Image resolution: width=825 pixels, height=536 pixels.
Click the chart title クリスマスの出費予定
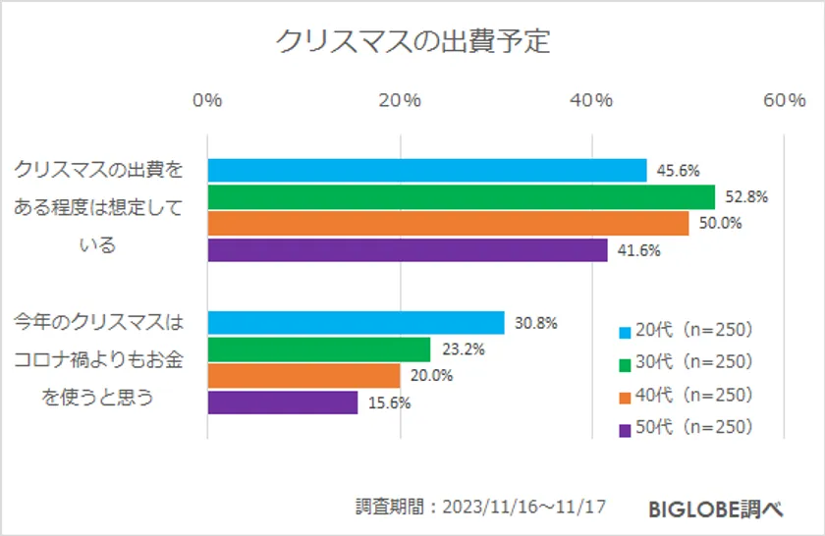(x=412, y=42)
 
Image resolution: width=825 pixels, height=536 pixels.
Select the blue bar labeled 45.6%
(x=427, y=170)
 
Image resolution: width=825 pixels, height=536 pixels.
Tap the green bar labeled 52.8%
(x=462, y=196)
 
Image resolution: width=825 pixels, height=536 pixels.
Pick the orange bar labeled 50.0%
(x=448, y=223)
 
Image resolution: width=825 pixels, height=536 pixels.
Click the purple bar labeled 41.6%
(x=408, y=249)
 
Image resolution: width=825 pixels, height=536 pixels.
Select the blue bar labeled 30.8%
(x=356, y=323)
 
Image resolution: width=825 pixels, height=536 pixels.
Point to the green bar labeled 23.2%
(x=319, y=349)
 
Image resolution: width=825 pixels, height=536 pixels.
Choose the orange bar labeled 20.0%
(x=303, y=376)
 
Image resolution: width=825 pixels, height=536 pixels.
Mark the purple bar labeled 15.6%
(x=283, y=402)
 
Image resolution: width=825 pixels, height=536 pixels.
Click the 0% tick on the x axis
(x=207, y=101)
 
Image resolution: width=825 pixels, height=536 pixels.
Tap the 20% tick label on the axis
(x=400, y=101)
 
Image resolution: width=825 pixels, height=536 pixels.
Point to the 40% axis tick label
(x=592, y=101)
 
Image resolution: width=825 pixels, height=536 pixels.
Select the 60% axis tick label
(x=784, y=101)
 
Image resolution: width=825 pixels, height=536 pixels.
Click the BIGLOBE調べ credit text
(x=715, y=509)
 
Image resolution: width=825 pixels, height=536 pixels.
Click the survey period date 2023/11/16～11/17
(x=524, y=508)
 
